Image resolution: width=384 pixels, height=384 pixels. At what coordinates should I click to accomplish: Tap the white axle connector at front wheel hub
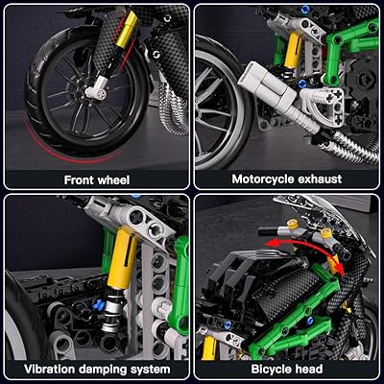(99, 92)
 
